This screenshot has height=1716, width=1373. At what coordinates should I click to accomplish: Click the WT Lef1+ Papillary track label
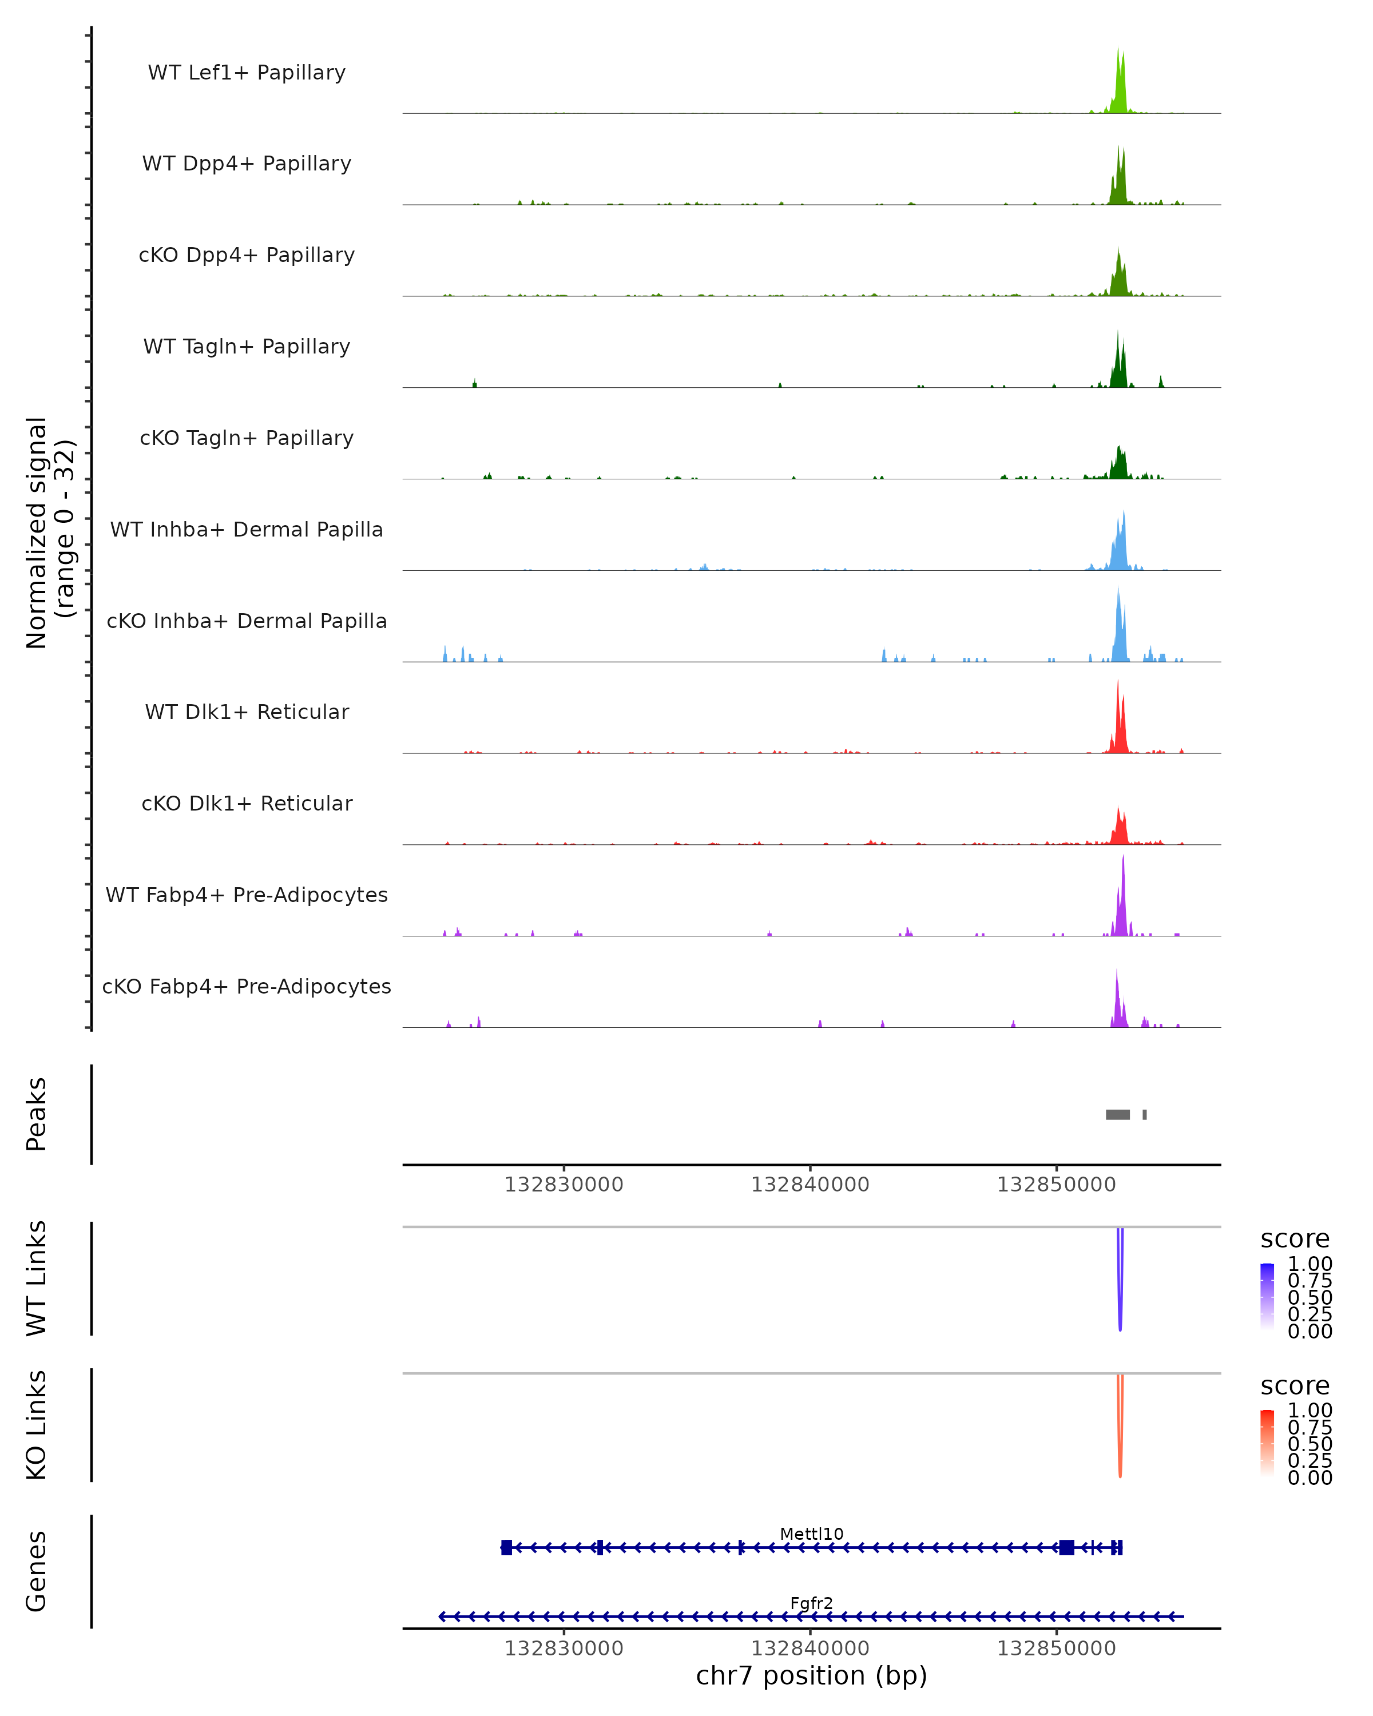point(247,73)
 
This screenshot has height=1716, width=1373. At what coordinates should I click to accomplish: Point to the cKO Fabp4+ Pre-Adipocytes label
point(247,986)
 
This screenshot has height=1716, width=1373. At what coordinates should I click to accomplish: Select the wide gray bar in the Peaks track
point(1117,1114)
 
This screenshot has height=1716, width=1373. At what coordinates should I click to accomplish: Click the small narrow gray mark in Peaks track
point(1145,1114)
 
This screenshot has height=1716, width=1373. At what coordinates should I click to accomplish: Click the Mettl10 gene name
point(811,1534)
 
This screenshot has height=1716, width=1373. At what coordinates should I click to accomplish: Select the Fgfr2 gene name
point(811,1603)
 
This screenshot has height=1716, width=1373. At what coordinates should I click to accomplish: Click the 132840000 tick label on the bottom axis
point(810,1649)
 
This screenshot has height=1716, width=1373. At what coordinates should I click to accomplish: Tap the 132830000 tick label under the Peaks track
point(564,1185)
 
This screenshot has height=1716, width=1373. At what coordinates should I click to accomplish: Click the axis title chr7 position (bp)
point(811,1675)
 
